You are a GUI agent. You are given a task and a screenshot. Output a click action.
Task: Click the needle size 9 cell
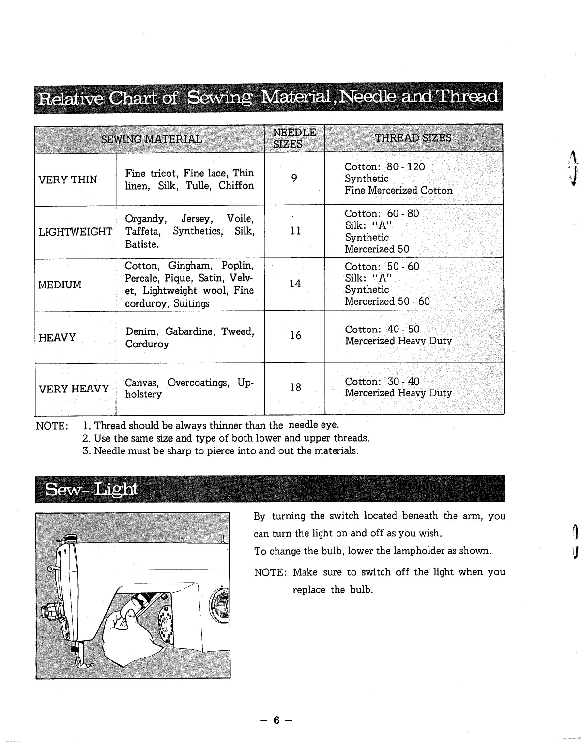tap(294, 179)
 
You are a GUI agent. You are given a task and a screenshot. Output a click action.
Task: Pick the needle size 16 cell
tap(295, 335)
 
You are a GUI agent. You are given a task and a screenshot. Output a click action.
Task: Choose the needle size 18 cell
tap(295, 387)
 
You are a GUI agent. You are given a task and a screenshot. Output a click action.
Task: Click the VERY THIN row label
tap(68, 180)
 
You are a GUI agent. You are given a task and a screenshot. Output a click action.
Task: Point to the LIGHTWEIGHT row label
tap(75, 232)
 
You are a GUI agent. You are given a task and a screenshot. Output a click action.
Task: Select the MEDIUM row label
tap(60, 285)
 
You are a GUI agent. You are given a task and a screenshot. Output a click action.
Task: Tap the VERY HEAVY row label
tap(74, 389)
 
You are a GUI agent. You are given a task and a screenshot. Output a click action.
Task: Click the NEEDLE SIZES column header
tap(294, 138)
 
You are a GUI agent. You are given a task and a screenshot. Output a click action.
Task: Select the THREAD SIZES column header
tap(413, 138)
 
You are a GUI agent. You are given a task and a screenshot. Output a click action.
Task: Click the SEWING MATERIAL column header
tap(152, 139)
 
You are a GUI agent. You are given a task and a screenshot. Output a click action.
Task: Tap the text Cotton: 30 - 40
tap(382, 381)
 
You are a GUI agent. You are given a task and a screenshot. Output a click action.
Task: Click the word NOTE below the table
tap(52, 426)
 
